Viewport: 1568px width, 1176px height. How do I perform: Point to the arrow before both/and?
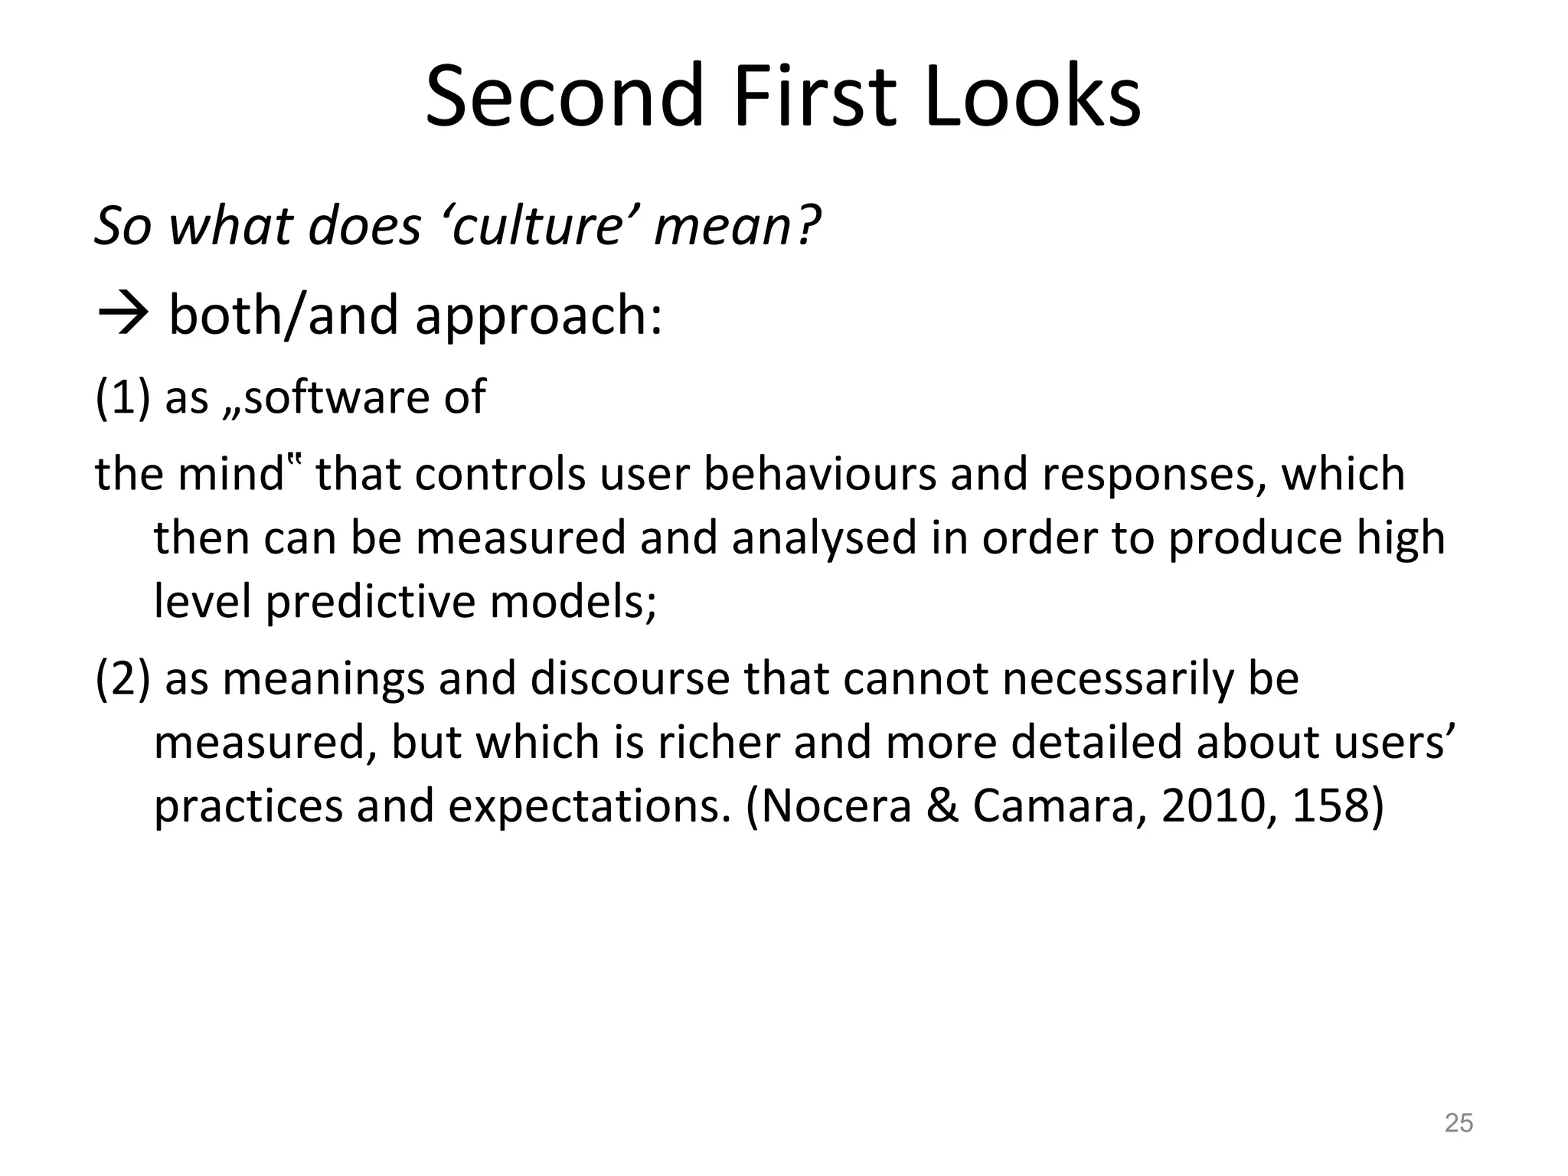(122, 315)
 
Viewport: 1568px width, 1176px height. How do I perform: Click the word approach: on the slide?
(538, 317)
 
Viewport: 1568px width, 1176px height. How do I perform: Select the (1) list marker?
(122, 397)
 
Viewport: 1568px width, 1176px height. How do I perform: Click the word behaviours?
(820, 474)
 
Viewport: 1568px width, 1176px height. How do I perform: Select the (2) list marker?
(122, 678)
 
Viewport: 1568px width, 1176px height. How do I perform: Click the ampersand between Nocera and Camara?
(942, 805)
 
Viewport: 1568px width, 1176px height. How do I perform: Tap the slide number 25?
(1458, 1122)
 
